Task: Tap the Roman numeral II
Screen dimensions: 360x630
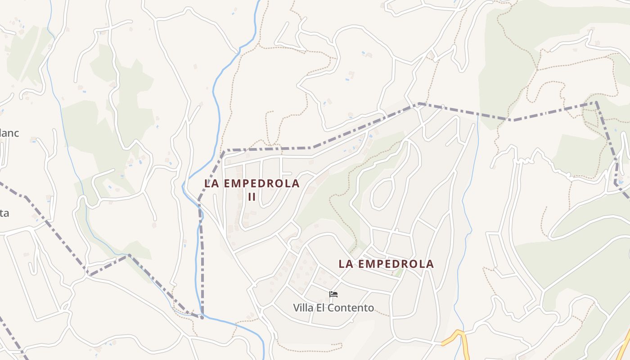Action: point(252,197)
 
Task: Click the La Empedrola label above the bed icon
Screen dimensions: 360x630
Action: point(386,264)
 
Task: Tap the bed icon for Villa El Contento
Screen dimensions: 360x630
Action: point(333,294)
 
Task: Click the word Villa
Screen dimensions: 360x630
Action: point(303,308)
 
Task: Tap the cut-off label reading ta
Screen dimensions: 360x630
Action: point(4,213)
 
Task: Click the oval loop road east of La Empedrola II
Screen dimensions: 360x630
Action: point(382,193)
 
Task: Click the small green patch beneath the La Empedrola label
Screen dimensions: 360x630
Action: point(398,273)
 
